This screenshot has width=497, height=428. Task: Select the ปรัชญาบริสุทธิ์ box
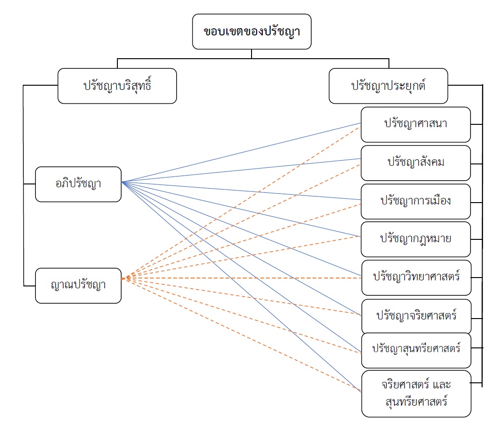pos(117,86)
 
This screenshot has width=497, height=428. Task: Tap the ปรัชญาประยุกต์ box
pos(388,86)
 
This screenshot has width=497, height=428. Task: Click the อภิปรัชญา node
pos(78,184)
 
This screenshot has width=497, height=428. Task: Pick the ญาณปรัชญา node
pos(78,285)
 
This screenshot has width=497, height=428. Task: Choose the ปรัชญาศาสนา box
pos(415,124)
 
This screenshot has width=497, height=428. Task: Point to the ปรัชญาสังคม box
pos(415,163)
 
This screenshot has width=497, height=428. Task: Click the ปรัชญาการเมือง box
pos(415,201)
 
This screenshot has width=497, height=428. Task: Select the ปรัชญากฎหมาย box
pos(415,239)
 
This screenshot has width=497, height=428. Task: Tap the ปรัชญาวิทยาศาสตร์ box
pos(416,277)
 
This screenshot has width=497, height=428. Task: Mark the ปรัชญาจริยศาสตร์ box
pos(416,316)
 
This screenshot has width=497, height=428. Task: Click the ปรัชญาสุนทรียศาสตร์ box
pos(416,349)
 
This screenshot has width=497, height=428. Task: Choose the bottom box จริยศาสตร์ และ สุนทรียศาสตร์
pos(416,393)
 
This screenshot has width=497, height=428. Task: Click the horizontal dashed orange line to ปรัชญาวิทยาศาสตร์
pos(242,278)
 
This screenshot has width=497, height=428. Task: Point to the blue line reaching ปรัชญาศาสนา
pos(242,152)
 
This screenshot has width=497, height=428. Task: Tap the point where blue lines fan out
pos(122,182)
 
